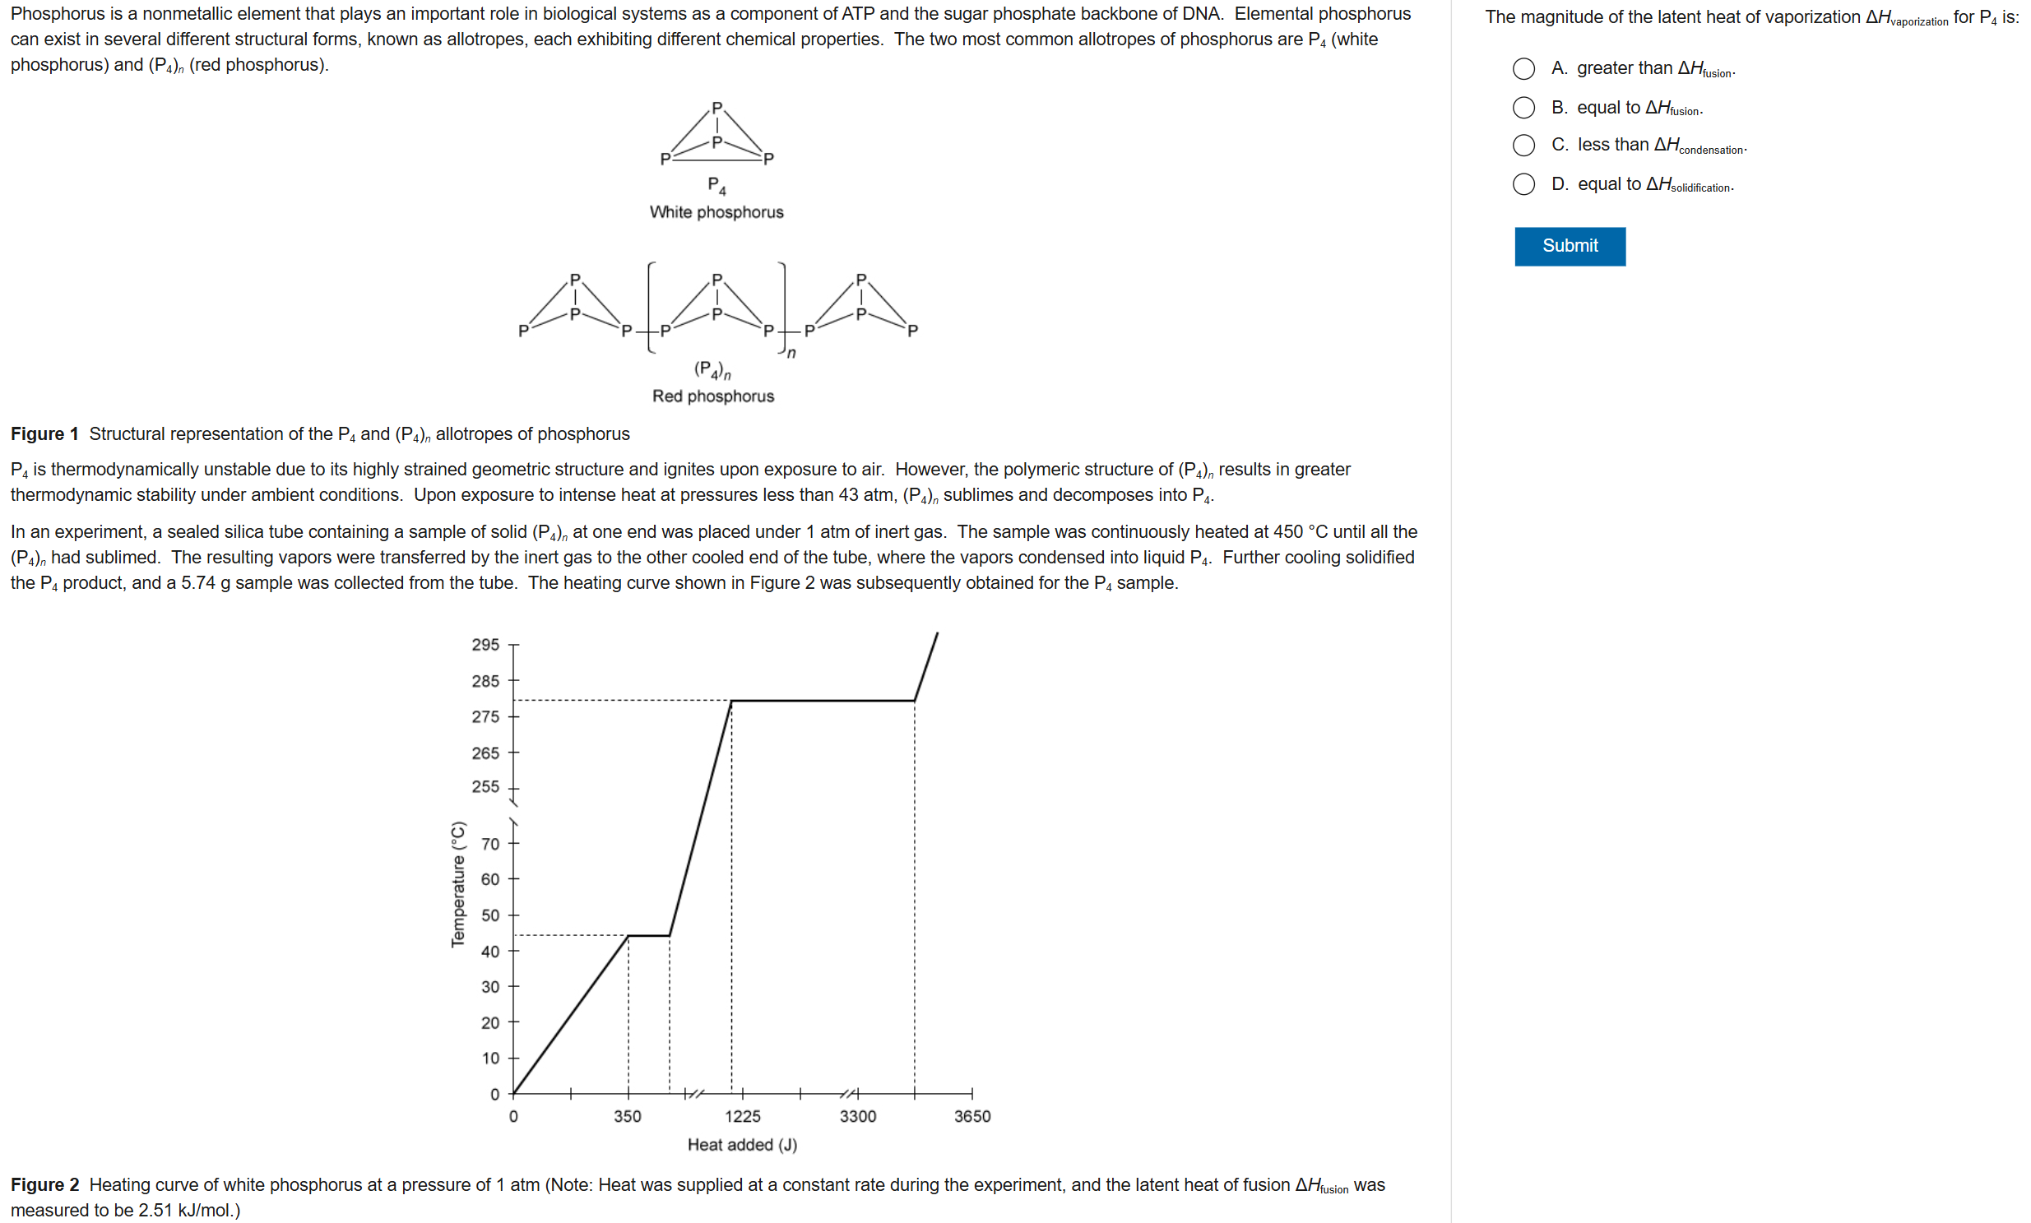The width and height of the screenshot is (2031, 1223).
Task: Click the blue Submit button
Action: [x=1570, y=246]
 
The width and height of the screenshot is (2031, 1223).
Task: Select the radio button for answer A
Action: [x=1523, y=68]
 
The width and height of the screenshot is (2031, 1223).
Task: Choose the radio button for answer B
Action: [x=1523, y=107]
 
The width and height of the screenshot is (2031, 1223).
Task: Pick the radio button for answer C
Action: [x=1523, y=145]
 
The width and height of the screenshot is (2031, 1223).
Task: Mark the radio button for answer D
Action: [x=1523, y=183]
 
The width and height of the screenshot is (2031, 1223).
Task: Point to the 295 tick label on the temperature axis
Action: [x=485, y=645]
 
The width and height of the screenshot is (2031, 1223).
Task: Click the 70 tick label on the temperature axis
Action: [x=489, y=844]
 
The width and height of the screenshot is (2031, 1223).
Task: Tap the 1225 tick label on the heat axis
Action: [x=742, y=1117]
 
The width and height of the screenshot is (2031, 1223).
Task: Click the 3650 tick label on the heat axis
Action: [x=971, y=1117]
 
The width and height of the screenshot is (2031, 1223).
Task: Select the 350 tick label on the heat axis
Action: [x=628, y=1117]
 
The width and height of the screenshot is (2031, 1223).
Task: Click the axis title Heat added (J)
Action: [x=742, y=1145]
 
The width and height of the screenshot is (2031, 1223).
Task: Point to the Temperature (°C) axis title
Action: [x=458, y=884]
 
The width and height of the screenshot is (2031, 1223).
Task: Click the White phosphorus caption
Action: [x=716, y=212]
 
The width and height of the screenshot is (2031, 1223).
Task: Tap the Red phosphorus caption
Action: [x=713, y=396]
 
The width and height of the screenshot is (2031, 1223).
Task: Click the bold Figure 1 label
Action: [x=44, y=434]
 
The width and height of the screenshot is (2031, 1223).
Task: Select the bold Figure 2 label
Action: [x=44, y=1185]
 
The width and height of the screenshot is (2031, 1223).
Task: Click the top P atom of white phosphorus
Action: [x=716, y=108]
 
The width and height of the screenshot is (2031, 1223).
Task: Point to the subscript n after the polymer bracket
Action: [x=791, y=354]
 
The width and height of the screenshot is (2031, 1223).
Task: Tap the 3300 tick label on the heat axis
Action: [x=857, y=1117]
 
